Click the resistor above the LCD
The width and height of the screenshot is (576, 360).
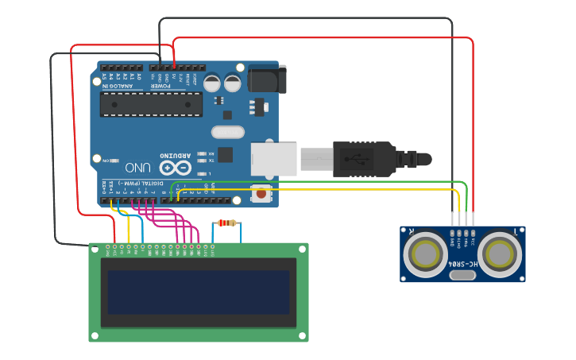coord(227,223)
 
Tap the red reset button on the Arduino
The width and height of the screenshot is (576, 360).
coord(261,192)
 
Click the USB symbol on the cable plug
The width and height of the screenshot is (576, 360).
coord(355,158)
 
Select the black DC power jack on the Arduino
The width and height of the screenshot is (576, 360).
coord(266,79)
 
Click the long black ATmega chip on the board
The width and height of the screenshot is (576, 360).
coord(151,104)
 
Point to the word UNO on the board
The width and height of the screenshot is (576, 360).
coord(137,168)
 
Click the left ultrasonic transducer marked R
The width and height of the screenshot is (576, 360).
coord(425,254)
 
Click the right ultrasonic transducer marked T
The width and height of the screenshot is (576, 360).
coord(501,254)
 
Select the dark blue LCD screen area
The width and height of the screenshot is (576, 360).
coord(199,292)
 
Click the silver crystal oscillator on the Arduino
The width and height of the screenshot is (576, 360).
coord(228,132)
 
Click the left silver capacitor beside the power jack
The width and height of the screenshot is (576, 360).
coord(212,83)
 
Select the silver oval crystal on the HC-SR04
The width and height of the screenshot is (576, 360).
coord(462,275)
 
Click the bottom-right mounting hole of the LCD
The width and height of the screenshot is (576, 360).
coord(302,336)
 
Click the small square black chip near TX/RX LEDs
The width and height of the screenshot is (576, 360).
coord(226,155)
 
